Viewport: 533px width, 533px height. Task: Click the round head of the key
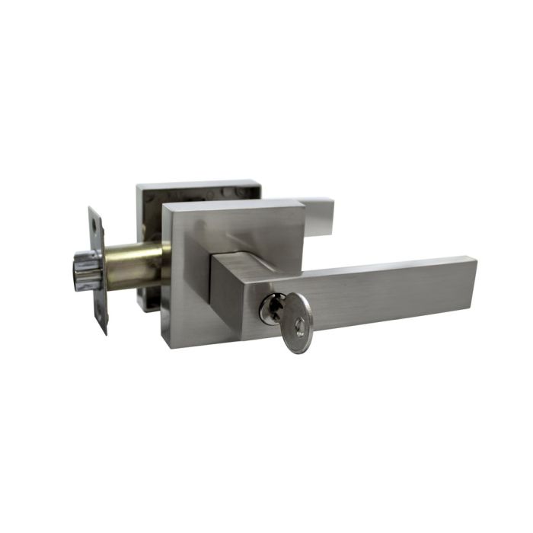click(x=295, y=314)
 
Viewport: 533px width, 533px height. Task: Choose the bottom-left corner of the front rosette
click(x=166, y=344)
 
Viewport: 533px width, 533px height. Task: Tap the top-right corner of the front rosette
click(x=302, y=202)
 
